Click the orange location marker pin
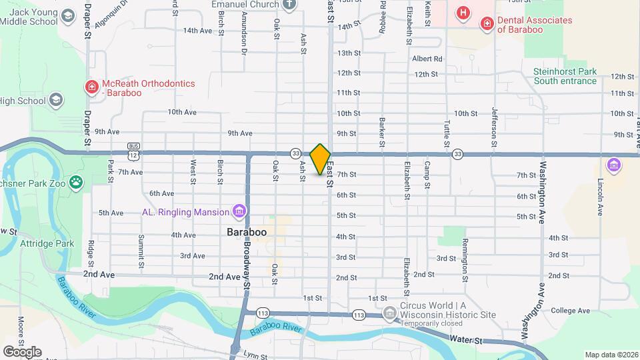[320, 159]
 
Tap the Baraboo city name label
[246, 232]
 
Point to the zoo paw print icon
[77, 180]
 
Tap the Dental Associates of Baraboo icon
[487, 25]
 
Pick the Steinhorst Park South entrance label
[565, 76]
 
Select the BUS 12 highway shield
[134, 151]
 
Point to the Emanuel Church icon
[289, 5]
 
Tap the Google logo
[22, 351]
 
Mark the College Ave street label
[570, 311]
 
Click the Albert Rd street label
[427, 59]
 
